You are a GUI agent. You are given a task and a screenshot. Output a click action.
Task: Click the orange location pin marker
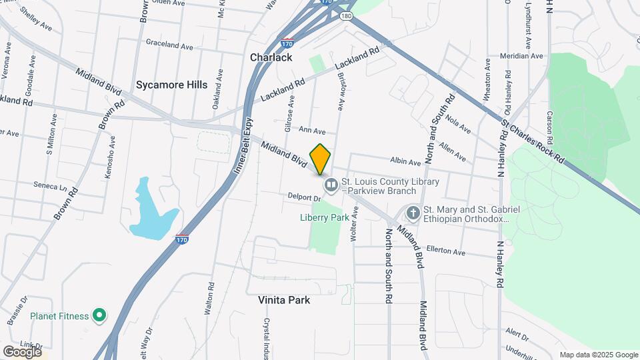(x=321, y=159)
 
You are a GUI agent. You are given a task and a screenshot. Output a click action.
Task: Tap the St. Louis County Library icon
(x=331, y=185)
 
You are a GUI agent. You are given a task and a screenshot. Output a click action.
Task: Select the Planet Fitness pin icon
(x=99, y=315)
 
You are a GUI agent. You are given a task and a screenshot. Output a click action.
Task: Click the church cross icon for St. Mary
(x=413, y=213)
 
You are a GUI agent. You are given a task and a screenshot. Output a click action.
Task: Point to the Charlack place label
(x=271, y=57)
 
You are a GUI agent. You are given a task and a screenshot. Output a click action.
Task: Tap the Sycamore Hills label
(x=171, y=85)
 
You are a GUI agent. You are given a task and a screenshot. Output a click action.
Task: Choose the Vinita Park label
(x=284, y=300)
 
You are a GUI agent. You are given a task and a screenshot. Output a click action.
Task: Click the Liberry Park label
(x=325, y=217)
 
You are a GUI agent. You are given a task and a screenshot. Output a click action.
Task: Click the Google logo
(x=22, y=351)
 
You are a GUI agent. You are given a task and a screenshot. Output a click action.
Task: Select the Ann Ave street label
(x=312, y=130)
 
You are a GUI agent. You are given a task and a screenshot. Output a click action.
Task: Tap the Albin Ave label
(x=405, y=161)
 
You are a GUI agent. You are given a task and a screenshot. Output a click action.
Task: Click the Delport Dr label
(x=305, y=197)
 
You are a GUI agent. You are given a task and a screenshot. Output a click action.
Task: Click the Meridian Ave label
(x=523, y=56)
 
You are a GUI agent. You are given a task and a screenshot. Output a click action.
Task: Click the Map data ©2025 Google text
(x=598, y=355)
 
